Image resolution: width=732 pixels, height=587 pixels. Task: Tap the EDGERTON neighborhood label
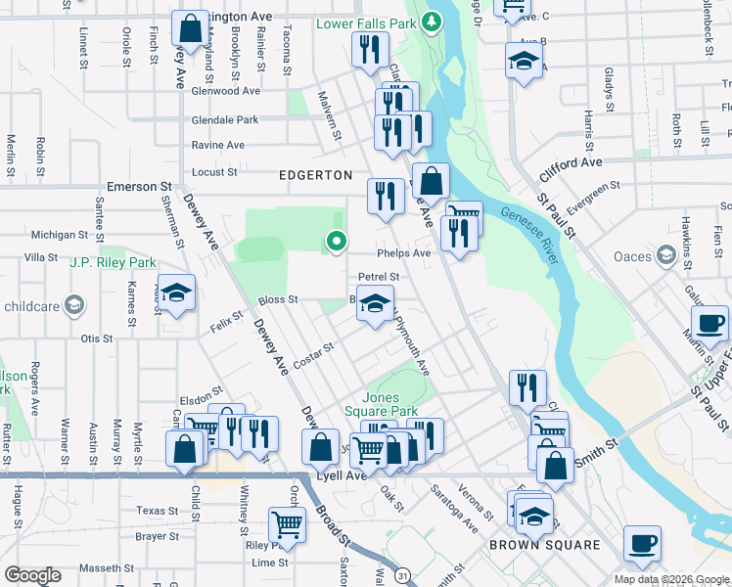(x=316, y=174)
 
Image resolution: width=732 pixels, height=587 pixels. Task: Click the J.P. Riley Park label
(x=114, y=262)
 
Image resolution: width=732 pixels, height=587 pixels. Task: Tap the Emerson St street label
(x=139, y=186)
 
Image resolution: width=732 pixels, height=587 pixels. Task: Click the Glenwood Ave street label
(x=227, y=91)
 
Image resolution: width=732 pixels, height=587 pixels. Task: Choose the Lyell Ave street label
(x=342, y=476)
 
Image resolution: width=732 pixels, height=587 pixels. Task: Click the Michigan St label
(x=60, y=235)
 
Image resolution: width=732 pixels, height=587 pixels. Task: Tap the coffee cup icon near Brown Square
(x=642, y=543)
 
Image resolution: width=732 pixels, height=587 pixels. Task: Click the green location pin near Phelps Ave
(x=337, y=240)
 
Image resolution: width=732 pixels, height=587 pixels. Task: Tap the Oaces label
(x=632, y=256)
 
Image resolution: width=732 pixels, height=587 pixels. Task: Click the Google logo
(x=32, y=575)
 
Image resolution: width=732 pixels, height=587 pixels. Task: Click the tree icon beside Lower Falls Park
(x=431, y=21)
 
